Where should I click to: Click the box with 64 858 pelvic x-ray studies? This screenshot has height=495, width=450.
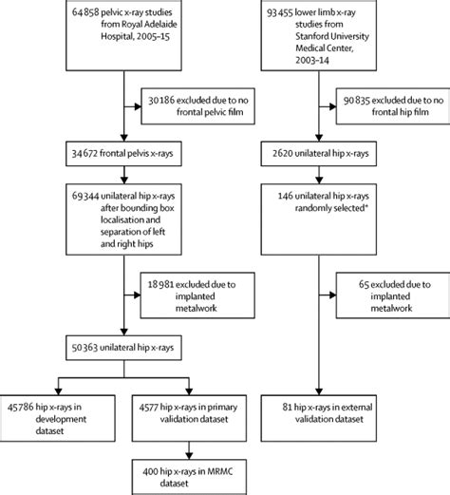pos(124,33)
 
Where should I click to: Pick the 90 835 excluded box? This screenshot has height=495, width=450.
pos(394,105)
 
